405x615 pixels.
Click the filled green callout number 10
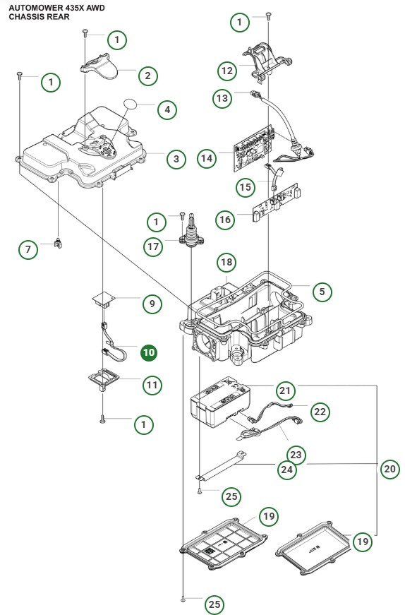[x=150, y=352]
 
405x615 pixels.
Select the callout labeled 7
[x=28, y=249]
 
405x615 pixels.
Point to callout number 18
[x=226, y=263]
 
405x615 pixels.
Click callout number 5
[x=322, y=291]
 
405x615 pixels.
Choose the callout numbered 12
[x=226, y=71]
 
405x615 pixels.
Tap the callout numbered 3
[x=176, y=159]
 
